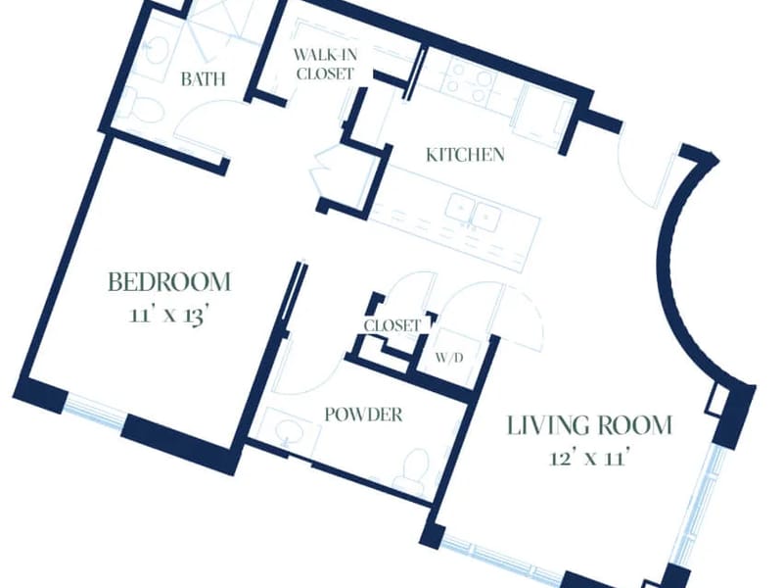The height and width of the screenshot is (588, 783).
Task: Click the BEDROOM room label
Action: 169,282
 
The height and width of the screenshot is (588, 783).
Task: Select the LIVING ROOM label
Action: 590,425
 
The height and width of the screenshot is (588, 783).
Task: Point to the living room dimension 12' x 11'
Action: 588,458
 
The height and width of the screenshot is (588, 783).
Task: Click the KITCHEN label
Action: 465,155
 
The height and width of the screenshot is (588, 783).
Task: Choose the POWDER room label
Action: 363,415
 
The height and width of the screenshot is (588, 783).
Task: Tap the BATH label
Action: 204,79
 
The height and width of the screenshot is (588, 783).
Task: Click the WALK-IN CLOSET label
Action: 325,64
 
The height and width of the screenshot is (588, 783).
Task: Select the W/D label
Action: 449,358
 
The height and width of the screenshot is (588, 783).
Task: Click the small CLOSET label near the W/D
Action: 392,326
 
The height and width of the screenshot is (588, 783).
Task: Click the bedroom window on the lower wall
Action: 94,412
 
